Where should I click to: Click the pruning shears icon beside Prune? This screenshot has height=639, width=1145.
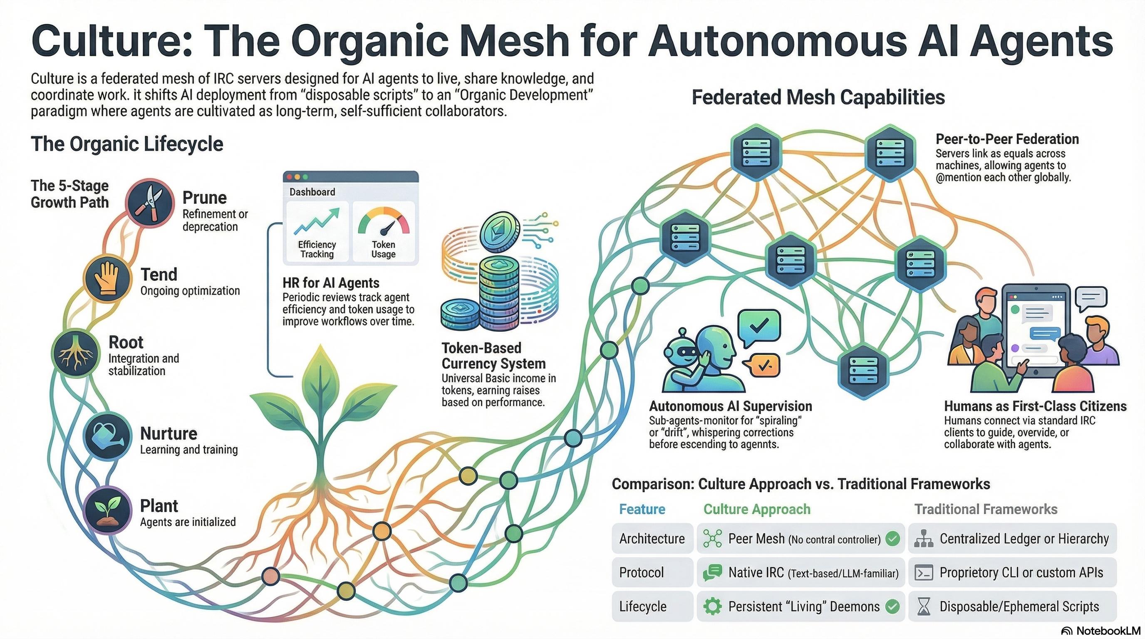[x=149, y=203]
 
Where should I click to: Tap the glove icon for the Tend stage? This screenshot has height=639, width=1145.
[x=107, y=278]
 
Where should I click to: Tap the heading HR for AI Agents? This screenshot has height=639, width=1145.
[x=331, y=282]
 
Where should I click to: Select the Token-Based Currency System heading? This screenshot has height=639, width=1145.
[x=493, y=356]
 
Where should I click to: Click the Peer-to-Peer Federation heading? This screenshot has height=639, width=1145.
[x=1007, y=139]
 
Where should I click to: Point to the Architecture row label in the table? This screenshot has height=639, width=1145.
[x=652, y=539]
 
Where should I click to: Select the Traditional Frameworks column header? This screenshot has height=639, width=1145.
[x=985, y=509]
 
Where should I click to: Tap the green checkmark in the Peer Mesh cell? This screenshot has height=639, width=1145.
[x=892, y=539]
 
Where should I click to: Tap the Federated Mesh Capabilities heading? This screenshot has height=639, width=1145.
[x=818, y=97]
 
